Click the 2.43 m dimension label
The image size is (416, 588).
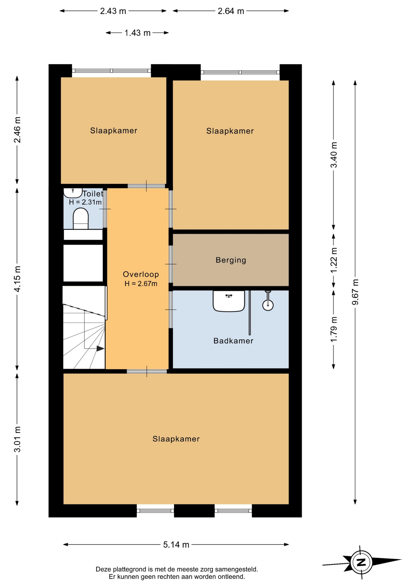113,11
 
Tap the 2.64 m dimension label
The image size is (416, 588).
231,11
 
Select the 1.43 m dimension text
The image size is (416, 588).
137,33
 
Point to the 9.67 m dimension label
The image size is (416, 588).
355,292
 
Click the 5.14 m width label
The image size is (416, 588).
176,545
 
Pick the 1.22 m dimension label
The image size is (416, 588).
334,260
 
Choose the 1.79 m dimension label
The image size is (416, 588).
334,330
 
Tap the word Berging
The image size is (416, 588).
231,260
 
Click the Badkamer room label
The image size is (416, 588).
233,341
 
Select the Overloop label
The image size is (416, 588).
141,274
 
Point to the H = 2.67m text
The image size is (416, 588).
141,284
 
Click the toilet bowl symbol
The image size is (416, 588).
81,218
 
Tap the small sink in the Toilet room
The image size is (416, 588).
73,193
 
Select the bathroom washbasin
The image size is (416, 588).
229,301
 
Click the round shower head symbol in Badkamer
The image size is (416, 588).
268,305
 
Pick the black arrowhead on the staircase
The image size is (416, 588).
100,349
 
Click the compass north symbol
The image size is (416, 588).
362,562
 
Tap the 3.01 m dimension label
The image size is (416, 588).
17,439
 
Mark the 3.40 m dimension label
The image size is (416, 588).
334,155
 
